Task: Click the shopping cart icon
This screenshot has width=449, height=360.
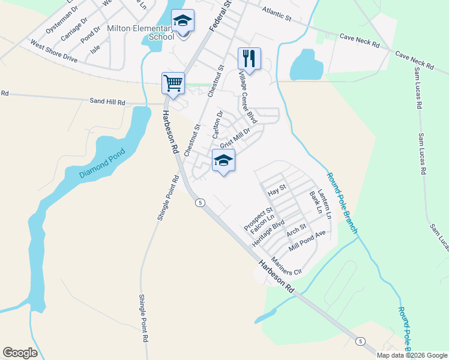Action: (x=173, y=83)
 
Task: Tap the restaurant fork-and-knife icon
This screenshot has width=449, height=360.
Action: (x=249, y=58)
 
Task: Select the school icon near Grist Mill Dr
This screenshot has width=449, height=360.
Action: (x=223, y=160)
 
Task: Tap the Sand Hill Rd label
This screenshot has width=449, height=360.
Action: (x=107, y=103)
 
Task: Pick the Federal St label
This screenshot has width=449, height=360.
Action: (x=220, y=17)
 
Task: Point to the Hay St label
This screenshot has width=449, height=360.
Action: (x=278, y=191)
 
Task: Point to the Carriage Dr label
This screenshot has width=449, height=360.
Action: (x=74, y=28)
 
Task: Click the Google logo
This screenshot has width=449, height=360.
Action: (x=20, y=353)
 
